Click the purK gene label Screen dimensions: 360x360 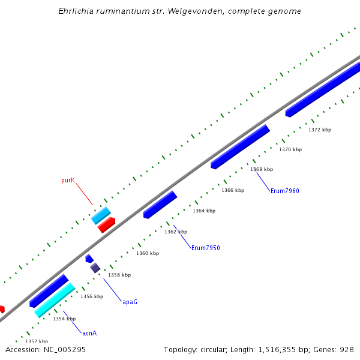click(x=68, y=180)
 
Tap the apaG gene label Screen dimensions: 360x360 click(x=130, y=302)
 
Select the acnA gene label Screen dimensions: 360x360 click(x=89, y=333)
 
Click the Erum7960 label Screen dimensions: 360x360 click(x=284, y=191)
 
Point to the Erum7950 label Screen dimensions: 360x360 click(x=205, y=248)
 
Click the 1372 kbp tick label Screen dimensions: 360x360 click(x=320, y=130)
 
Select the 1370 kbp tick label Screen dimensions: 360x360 click(x=290, y=149)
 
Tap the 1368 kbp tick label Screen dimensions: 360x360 click(x=262, y=169)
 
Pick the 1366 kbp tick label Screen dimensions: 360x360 click(x=233, y=190)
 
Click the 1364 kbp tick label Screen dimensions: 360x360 click(x=204, y=211)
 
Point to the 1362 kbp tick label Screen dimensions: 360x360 click(x=176, y=232)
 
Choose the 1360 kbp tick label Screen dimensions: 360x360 click(x=148, y=253)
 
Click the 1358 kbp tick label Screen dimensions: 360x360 click(x=119, y=275)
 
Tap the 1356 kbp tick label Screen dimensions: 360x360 click(x=92, y=296)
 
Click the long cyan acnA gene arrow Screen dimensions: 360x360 click(x=54, y=300)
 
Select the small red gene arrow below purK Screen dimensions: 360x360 click(x=106, y=225)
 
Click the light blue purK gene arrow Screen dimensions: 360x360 click(x=101, y=215)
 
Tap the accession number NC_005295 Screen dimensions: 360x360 click(x=66, y=349)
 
